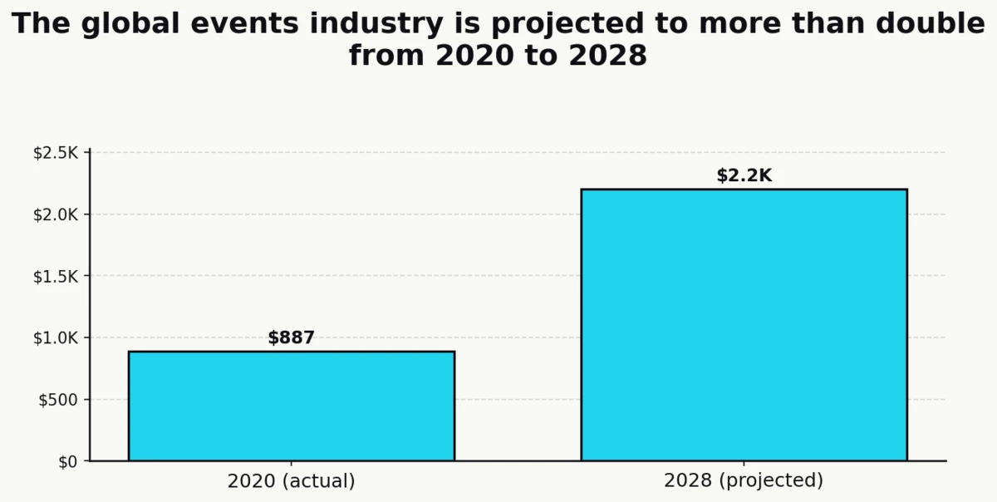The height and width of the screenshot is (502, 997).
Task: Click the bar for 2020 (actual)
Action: click(x=291, y=406)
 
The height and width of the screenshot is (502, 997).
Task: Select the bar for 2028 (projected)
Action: click(x=744, y=325)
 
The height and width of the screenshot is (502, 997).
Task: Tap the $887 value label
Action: click(x=291, y=338)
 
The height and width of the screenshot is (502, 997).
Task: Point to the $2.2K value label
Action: click(x=744, y=176)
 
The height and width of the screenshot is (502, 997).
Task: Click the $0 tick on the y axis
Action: click(x=67, y=462)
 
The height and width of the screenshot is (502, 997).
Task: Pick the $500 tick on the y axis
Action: click(x=58, y=400)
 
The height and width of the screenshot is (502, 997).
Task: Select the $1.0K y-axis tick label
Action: click(x=55, y=338)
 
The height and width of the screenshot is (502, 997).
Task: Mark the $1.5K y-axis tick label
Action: click(x=55, y=277)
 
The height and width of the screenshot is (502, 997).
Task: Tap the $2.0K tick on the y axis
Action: click(x=55, y=215)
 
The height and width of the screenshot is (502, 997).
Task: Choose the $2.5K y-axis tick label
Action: click(x=55, y=154)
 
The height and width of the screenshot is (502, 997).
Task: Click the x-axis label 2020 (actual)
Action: click(x=291, y=481)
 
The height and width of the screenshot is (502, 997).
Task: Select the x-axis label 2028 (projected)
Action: click(x=744, y=481)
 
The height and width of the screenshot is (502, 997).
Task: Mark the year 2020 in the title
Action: click(x=469, y=57)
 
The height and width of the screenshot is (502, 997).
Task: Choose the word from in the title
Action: click(x=386, y=57)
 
